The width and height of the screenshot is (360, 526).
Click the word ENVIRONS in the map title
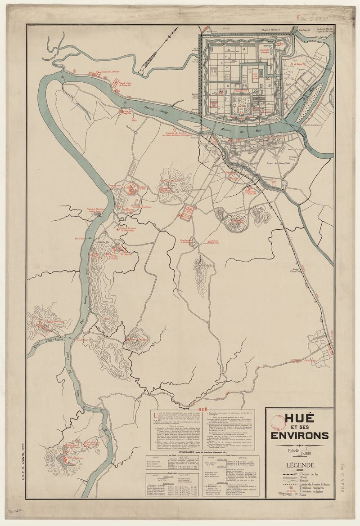point(299,435)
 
